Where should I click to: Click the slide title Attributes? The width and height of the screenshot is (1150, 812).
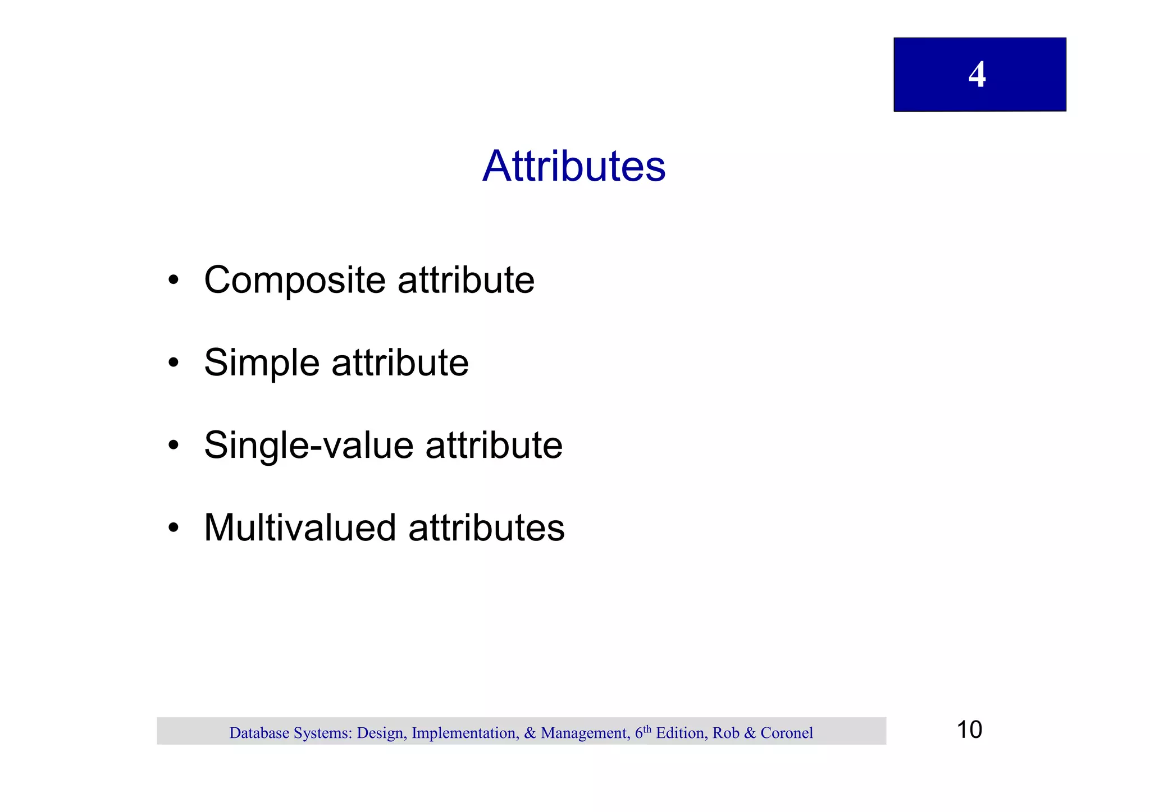tap(574, 166)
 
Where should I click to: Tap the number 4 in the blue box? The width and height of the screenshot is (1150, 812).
tap(977, 75)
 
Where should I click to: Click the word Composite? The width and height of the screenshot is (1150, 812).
tap(295, 281)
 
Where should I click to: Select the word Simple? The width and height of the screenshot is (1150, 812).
tap(262, 364)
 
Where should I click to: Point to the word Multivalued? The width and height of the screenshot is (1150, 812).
tap(300, 528)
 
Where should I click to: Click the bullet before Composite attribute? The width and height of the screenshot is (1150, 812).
tap(174, 280)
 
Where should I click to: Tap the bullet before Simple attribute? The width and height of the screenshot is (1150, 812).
tap(174, 363)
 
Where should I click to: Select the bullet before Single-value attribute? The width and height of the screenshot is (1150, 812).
tap(174, 446)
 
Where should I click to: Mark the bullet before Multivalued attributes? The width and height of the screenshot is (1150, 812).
tap(174, 528)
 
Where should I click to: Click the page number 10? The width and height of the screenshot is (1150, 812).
tap(969, 730)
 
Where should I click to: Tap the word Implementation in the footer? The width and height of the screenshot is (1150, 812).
tap(463, 733)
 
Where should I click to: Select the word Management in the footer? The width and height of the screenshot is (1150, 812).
tap(584, 733)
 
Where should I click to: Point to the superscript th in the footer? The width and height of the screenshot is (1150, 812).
tap(647, 729)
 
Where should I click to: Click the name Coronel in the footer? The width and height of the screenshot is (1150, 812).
tap(787, 733)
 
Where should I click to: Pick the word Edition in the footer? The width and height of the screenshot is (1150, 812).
tap(680, 733)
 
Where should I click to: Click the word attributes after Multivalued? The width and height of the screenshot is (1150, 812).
tap(486, 528)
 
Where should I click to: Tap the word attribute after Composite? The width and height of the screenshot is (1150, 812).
tap(466, 280)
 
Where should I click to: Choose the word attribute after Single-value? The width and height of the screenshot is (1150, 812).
tap(494, 446)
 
